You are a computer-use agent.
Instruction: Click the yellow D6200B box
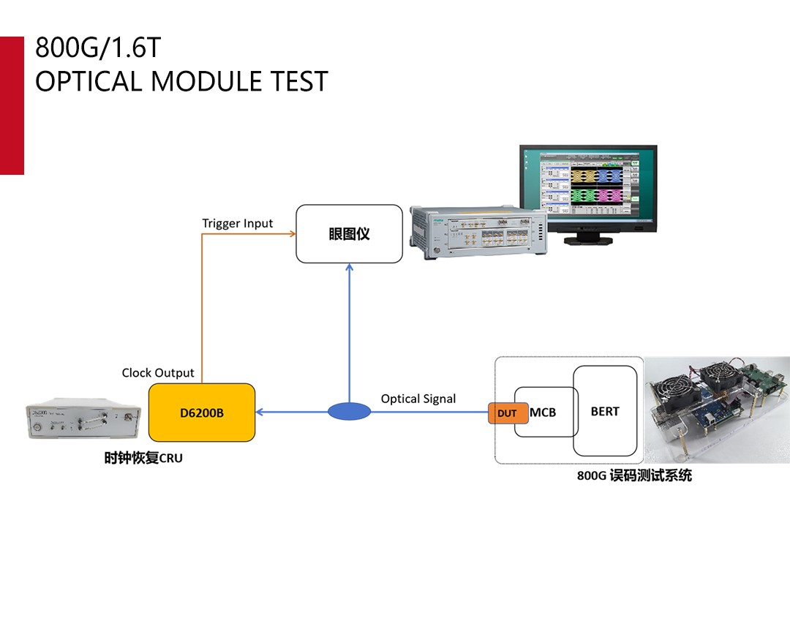pos(202,413)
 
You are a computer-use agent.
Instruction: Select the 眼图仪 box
pos(349,234)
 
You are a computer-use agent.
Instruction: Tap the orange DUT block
pos(507,413)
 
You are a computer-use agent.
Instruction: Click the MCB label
pos(543,413)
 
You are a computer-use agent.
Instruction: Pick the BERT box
pos(605,411)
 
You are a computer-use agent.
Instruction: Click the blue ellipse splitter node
pos(349,412)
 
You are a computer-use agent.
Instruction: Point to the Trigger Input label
pos(237,223)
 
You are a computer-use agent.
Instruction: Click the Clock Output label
pos(158,372)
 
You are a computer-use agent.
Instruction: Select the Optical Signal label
pos(418,399)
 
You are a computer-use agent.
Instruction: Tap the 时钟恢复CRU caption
pos(143,459)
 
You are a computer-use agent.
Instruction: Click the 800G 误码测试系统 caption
pos(634,476)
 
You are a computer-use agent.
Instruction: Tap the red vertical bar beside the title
pos(12,105)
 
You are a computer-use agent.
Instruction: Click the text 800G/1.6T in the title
pos(97,48)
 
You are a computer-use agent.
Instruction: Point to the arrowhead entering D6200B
pos(260,412)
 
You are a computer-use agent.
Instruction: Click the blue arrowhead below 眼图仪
pos(349,268)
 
